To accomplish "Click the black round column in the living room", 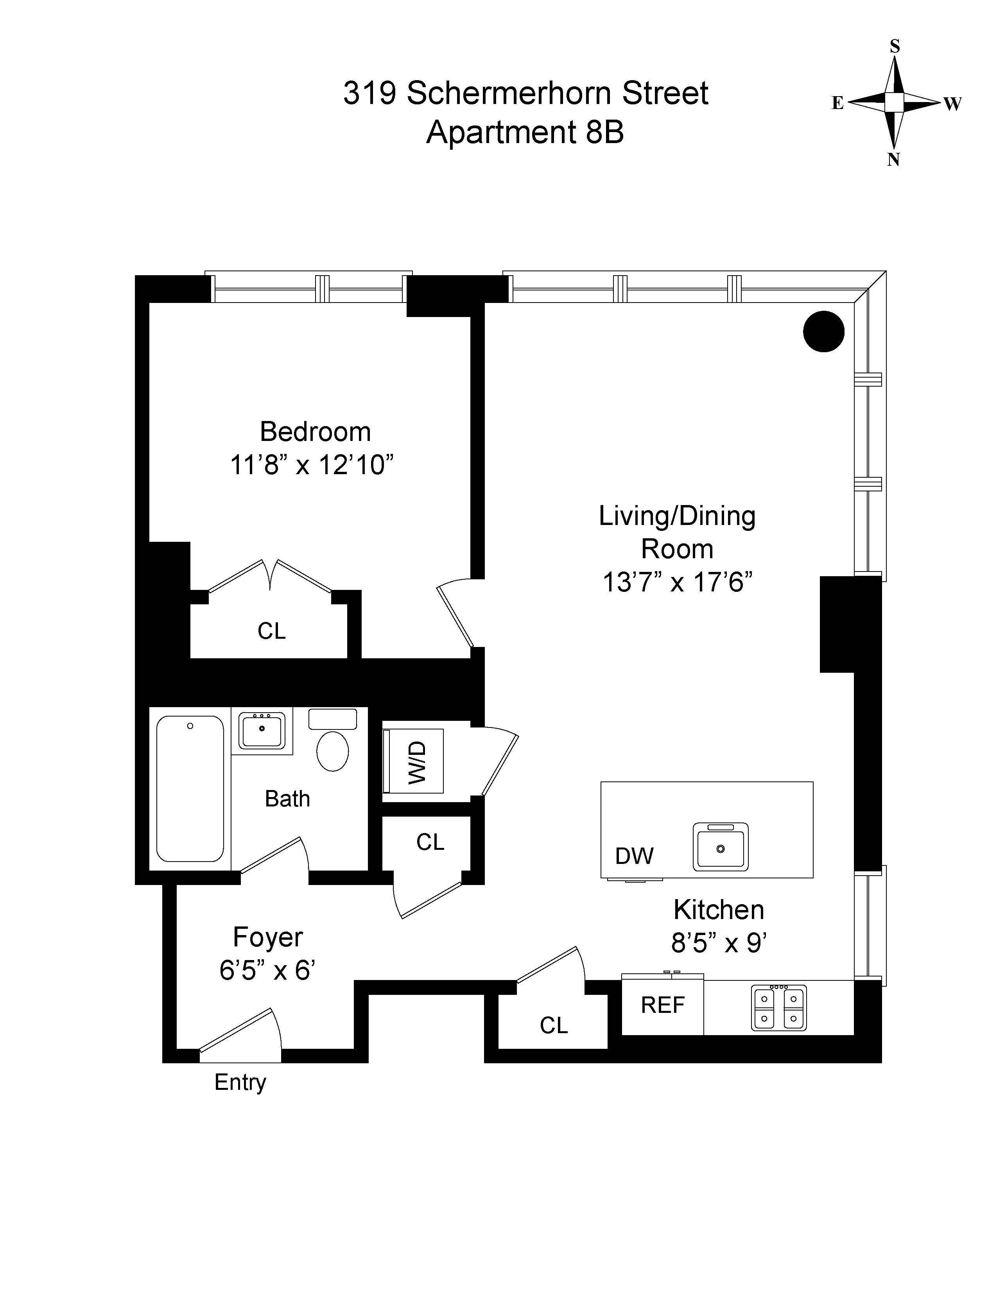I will pyautogui.click(x=823, y=331).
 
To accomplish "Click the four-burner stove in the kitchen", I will pyautogui.click(x=778, y=1008).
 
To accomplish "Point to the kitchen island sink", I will pyautogui.click(x=720, y=847).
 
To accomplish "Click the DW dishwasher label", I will pyautogui.click(x=634, y=856).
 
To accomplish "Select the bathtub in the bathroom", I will pyautogui.click(x=190, y=788).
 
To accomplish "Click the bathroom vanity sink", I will pyautogui.click(x=262, y=731).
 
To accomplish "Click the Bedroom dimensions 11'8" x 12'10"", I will pyautogui.click(x=311, y=465).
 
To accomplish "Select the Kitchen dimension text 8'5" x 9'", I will pyautogui.click(x=718, y=943).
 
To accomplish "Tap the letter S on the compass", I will pyautogui.click(x=895, y=47).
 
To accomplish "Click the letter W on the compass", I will pyautogui.click(x=952, y=104).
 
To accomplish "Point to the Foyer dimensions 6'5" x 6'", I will pyautogui.click(x=267, y=971).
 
